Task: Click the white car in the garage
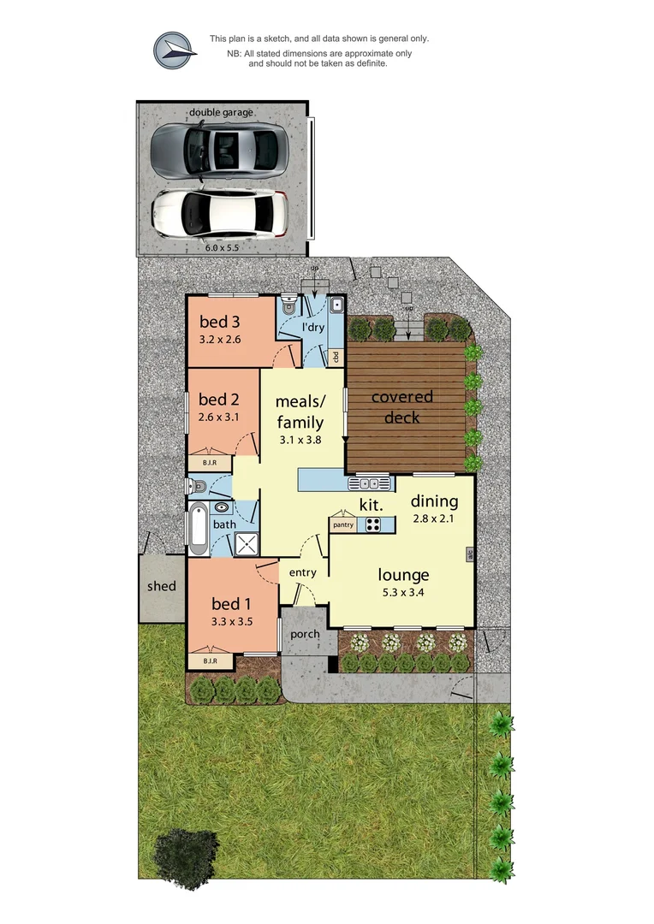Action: [x=219, y=212]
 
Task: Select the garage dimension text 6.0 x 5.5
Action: [x=221, y=246]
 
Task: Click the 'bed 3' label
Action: [x=219, y=322]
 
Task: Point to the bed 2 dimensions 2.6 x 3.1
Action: [x=217, y=418]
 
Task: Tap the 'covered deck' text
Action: [x=401, y=406]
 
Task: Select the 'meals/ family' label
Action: [x=300, y=412]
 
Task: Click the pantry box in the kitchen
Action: [x=343, y=524]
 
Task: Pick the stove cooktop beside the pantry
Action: [x=374, y=524]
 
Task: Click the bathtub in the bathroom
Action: [x=197, y=527]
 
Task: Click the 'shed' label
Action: [x=161, y=586]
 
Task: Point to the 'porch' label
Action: [x=305, y=634]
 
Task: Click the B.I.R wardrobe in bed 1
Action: [x=209, y=660]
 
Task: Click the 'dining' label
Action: [x=434, y=501]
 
